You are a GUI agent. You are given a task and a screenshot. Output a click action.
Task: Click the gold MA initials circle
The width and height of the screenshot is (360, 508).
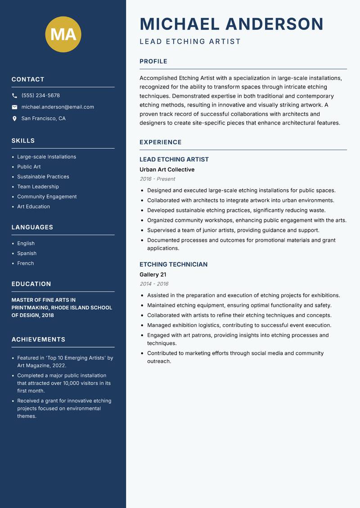coord(63,34)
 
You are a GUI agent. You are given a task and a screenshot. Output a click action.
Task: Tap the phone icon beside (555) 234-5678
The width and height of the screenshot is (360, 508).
coord(14,96)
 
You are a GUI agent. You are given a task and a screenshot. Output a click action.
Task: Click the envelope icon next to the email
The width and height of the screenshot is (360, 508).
coord(14,107)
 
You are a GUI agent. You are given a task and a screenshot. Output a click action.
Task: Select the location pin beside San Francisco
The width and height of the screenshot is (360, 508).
coord(14,119)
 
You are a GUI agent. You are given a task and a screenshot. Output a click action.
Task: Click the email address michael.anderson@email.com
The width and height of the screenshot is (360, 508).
coord(58,107)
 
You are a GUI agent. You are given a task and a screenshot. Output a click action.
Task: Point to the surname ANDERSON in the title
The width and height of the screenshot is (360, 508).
coord(274,24)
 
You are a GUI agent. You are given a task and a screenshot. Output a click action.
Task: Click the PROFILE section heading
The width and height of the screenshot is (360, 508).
coord(153,62)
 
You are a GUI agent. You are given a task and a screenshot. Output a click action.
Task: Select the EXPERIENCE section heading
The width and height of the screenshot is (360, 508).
coord(161,143)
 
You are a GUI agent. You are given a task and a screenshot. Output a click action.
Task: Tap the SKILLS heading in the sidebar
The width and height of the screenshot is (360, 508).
coord(23,141)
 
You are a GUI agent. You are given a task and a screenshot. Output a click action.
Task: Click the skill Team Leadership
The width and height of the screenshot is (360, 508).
coord(38,187)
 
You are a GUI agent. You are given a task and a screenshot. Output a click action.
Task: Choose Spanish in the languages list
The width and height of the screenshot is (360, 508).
coord(27,253)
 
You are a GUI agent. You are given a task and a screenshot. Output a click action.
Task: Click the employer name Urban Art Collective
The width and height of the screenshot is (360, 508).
coord(167,169)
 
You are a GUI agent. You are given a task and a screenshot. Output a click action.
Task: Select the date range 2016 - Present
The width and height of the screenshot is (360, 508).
coord(157,179)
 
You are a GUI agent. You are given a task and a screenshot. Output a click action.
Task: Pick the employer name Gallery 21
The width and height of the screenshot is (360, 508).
coord(153,274)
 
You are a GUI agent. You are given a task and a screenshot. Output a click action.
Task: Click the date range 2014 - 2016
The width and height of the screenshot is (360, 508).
coord(154,284)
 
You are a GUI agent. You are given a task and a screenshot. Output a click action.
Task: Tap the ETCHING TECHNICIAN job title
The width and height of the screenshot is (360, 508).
coord(173,264)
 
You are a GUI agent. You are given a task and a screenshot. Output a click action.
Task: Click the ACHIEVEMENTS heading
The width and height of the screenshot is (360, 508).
coord(38,339)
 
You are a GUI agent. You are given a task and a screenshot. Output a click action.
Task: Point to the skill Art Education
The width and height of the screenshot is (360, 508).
coord(33,206)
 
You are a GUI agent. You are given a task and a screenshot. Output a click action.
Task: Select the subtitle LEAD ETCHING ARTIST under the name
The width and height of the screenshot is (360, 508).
coord(190,42)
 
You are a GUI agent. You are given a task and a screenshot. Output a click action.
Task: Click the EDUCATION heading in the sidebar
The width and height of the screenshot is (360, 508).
coord(31,284)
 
